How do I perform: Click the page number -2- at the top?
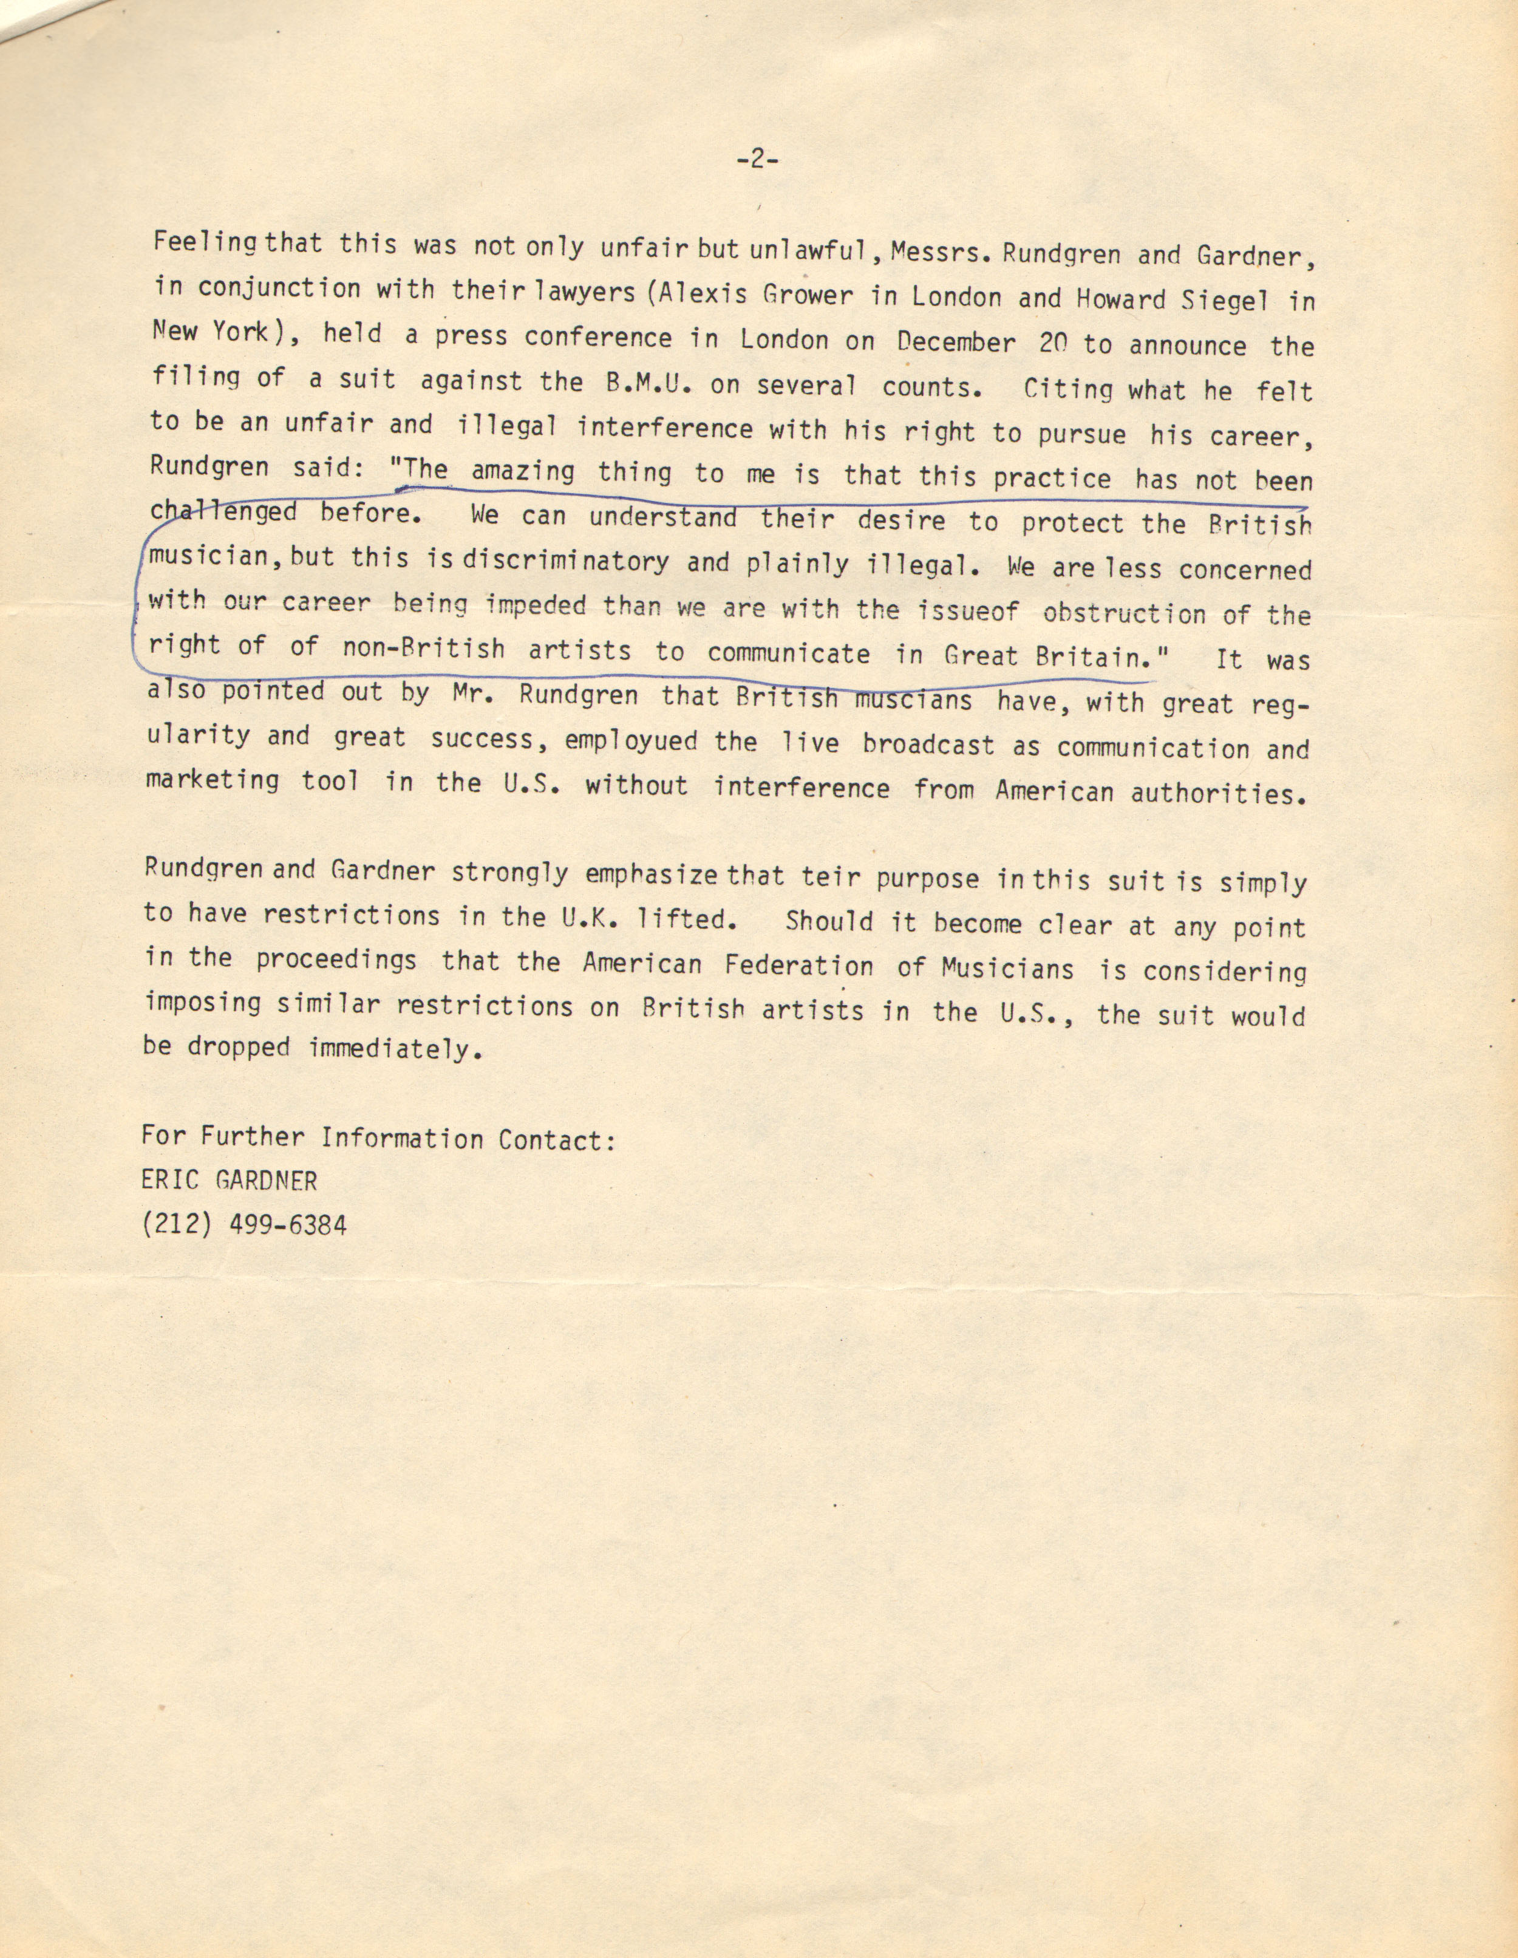pyautogui.click(x=757, y=160)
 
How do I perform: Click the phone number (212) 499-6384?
pyautogui.click(x=243, y=1224)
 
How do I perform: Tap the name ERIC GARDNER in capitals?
pyautogui.click(x=230, y=1181)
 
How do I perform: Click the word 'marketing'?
pyautogui.click(x=213, y=780)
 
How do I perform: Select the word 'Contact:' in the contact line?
pyautogui.click(x=557, y=1139)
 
